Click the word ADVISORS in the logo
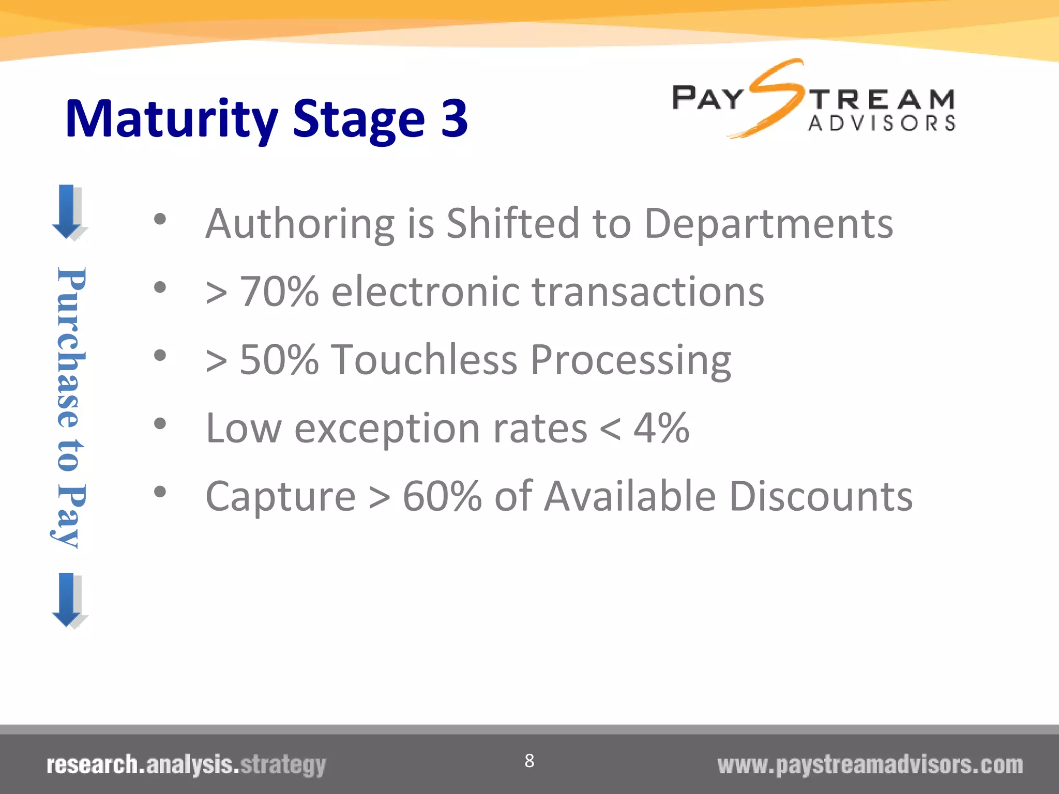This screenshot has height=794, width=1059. pyautogui.click(x=882, y=124)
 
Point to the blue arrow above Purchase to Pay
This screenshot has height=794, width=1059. pyautogui.click(x=68, y=211)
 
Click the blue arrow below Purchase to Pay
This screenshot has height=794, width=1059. pyautogui.click(x=68, y=600)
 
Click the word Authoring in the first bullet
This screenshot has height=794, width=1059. pyautogui.click(x=300, y=224)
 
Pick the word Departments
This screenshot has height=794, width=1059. pyautogui.click(x=769, y=224)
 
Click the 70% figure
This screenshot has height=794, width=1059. pyautogui.click(x=279, y=292)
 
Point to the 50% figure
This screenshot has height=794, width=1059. pyautogui.click(x=279, y=360)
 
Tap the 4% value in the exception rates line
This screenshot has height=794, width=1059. pyautogui.click(x=661, y=428)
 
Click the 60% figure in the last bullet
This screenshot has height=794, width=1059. pyautogui.click(x=442, y=496)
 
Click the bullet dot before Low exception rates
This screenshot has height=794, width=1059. pyautogui.click(x=160, y=424)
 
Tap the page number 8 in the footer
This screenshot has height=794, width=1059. pyautogui.click(x=529, y=760)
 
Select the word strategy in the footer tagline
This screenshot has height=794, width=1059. pyautogui.click(x=283, y=765)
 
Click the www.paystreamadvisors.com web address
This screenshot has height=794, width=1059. pyautogui.click(x=870, y=765)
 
